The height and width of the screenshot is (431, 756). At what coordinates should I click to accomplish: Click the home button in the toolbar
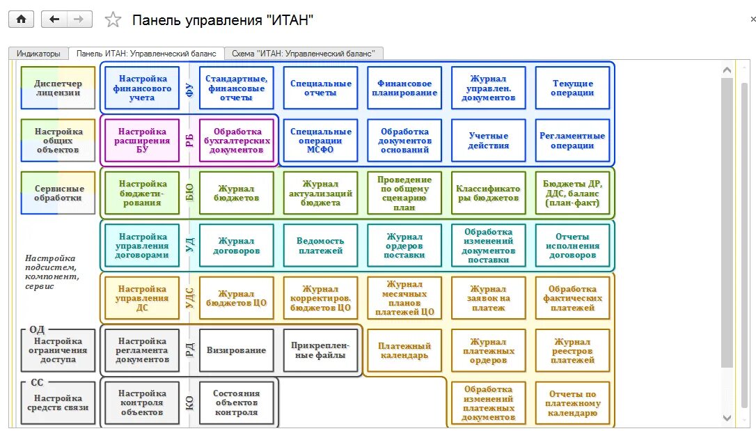21,19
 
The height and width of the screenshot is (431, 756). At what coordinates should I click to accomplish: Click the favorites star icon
113,19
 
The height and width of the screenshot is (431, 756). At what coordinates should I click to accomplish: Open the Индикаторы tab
38,54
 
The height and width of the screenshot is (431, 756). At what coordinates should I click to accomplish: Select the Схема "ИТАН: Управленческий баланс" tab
304,54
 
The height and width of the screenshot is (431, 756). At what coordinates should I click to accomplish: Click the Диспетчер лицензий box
58,88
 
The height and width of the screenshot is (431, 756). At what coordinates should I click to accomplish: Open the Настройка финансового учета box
142,88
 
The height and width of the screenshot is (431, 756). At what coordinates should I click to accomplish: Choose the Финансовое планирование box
404,88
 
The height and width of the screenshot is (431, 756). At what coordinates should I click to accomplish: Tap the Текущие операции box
572,88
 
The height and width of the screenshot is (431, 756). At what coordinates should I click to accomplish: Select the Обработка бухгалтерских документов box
237,141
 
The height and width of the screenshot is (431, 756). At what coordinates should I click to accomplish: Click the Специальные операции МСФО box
320,141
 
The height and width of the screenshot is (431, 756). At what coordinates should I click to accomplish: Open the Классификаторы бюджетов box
488,193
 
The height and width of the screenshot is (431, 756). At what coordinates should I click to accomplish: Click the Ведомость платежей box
320,245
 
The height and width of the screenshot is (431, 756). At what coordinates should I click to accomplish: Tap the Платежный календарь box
404,350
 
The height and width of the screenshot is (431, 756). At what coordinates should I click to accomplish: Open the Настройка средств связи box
58,402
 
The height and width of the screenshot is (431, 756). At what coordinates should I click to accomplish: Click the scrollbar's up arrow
727,70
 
